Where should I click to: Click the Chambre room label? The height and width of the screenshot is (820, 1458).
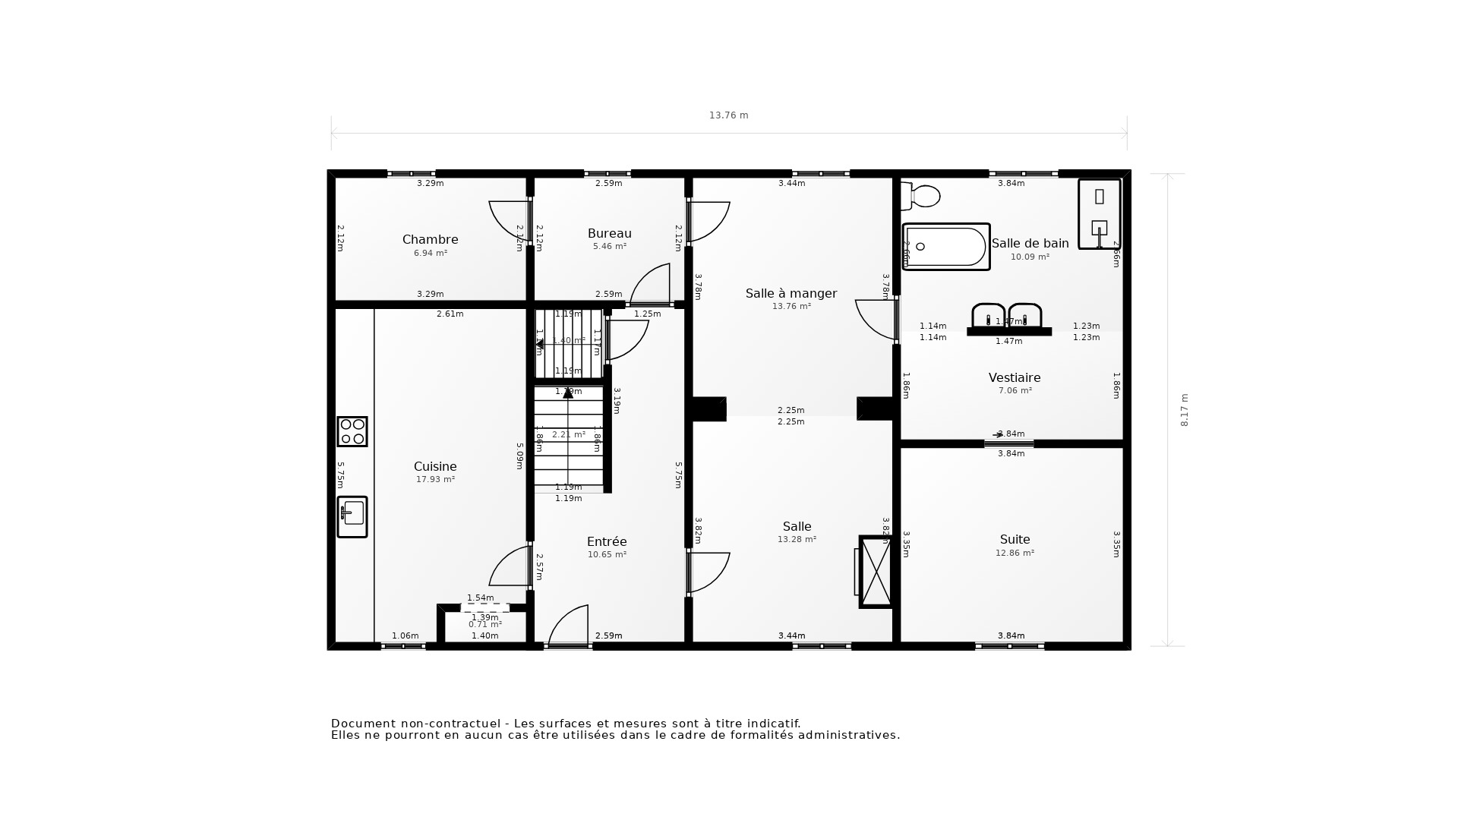click(x=430, y=239)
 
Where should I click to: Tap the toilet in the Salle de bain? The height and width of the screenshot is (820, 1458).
click(x=921, y=197)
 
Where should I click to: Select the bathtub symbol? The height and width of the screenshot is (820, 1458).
click(x=946, y=247)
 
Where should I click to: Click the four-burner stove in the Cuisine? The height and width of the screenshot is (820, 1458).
click(x=352, y=431)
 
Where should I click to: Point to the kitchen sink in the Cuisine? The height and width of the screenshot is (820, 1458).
click(x=352, y=517)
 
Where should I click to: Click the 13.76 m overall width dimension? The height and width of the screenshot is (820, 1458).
click(x=728, y=115)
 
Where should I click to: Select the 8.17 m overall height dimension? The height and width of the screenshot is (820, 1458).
click(x=1185, y=410)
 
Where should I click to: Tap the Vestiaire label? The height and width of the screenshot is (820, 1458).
click(x=1015, y=377)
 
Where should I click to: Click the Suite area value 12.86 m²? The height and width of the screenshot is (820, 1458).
click(x=1015, y=553)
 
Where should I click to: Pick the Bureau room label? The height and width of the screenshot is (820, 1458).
click(x=609, y=233)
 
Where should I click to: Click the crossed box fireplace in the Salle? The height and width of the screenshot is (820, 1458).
click(x=876, y=572)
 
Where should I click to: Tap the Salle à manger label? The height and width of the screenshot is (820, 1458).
click(x=791, y=293)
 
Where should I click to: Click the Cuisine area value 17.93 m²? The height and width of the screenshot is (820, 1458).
click(x=435, y=480)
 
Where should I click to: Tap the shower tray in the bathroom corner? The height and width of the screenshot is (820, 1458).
click(x=1099, y=213)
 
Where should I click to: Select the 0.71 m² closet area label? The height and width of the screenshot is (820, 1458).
click(x=485, y=625)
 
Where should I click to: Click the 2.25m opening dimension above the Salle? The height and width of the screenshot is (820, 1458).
click(x=791, y=411)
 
